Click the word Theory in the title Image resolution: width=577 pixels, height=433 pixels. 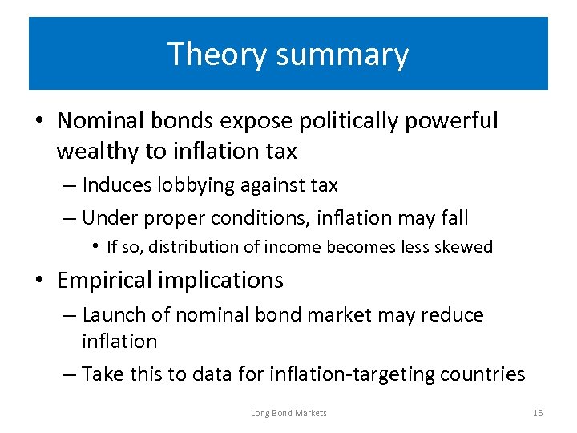(208, 55)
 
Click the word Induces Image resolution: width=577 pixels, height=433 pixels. (117, 185)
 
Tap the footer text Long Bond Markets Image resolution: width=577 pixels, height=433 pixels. (288, 413)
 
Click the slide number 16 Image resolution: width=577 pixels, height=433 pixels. (537, 413)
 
